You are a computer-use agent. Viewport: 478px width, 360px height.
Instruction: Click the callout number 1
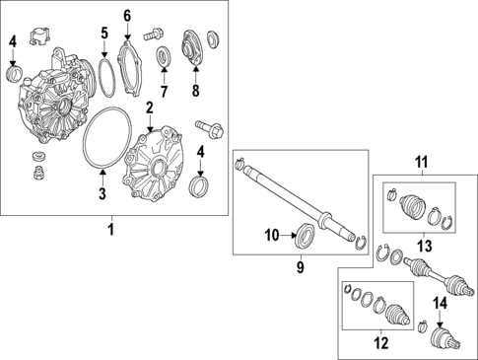click(111, 229)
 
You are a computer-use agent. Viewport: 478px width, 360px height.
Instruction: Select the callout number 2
click(150, 108)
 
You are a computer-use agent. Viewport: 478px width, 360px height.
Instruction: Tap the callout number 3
click(102, 193)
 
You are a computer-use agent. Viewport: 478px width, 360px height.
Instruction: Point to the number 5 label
click(104, 34)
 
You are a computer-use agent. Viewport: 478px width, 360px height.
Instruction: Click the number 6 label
click(127, 16)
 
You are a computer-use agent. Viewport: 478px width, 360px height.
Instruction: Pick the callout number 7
click(164, 92)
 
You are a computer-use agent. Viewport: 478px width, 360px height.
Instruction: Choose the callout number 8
click(195, 91)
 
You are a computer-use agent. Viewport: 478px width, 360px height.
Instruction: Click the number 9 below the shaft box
click(301, 267)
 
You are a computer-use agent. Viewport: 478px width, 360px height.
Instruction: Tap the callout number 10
click(272, 236)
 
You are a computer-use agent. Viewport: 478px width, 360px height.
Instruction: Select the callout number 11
click(422, 162)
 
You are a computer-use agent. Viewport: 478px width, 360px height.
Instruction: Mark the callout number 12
click(381, 343)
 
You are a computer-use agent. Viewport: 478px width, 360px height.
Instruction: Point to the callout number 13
click(424, 246)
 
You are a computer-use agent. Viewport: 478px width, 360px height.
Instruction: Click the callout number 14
click(441, 303)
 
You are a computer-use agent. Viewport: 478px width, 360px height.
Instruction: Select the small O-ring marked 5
click(99, 76)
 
